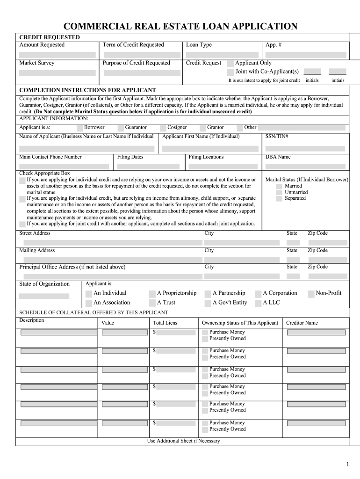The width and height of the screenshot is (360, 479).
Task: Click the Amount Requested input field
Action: pyautogui.click(x=57, y=55)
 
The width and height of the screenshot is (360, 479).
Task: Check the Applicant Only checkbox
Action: pyautogui.click(x=230, y=64)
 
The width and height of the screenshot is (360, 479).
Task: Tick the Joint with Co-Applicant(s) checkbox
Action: pyautogui.click(x=230, y=72)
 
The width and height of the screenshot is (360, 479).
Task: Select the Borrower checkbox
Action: pyautogui.click(x=80, y=128)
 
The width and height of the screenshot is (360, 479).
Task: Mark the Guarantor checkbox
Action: pyautogui.click(x=121, y=128)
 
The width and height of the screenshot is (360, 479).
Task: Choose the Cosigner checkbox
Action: pyautogui.click(x=163, y=128)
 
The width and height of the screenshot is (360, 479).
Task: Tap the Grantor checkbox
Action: pyautogui.click(x=203, y=128)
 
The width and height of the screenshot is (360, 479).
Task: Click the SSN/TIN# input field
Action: pyautogui.click(x=305, y=148)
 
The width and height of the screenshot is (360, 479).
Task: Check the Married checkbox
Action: pyautogui.click(x=279, y=186)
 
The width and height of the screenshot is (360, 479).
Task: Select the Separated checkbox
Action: pyautogui.click(x=279, y=198)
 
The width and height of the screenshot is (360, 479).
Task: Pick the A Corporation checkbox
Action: pyautogui.click(x=258, y=294)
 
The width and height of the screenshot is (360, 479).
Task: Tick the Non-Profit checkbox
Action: pyautogui.click(x=311, y=294)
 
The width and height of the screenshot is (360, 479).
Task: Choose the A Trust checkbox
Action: pyautogui.click(x=152, y=303)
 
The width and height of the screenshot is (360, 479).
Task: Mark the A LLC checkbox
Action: pyautogui.click(x=258, y=303)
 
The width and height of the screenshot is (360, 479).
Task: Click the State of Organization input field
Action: pyautogui.click(x=44, y=296)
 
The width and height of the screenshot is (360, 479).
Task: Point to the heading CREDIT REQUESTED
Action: pyautogui.click(x=50, y=37)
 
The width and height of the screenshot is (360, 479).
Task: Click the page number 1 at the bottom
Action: pyautogui.click(x=348, y=464)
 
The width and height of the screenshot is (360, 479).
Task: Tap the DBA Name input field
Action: pyautogui.click(x=305, y=166)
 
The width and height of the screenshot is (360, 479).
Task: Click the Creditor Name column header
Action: pyautogui.click(x=302, y=323)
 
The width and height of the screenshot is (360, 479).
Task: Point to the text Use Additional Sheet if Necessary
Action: pyautogui.click(x=183, y=441)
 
